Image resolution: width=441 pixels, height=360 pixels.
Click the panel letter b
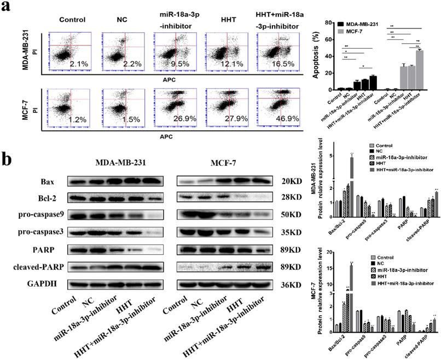(9, 161)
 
